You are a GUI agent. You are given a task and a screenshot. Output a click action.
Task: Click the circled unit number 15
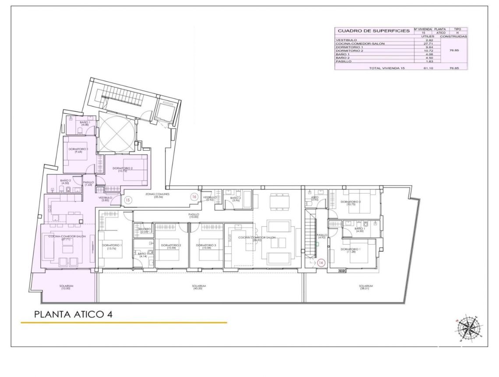point(128,200)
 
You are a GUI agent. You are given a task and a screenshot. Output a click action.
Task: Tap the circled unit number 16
point(194,197)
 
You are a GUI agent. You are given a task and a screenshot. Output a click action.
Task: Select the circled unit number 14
point(321,263)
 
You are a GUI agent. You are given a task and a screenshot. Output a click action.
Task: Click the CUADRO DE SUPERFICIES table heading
point(373,31)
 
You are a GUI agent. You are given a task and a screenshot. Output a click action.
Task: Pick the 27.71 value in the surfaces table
point(423,44)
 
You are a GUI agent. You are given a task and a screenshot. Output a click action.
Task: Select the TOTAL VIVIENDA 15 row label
point(387,68)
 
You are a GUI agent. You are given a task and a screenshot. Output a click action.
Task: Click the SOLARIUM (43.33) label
point(199,287)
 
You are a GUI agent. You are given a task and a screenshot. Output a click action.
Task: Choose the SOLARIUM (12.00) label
point(67,287)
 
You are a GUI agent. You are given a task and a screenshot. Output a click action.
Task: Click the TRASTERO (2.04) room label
point(144,230)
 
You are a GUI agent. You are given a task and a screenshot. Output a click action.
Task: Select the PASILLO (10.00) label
point(194,215)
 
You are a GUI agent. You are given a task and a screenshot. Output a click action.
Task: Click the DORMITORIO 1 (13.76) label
point(112,246)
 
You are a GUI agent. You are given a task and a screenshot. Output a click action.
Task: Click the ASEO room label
point(315,199)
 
